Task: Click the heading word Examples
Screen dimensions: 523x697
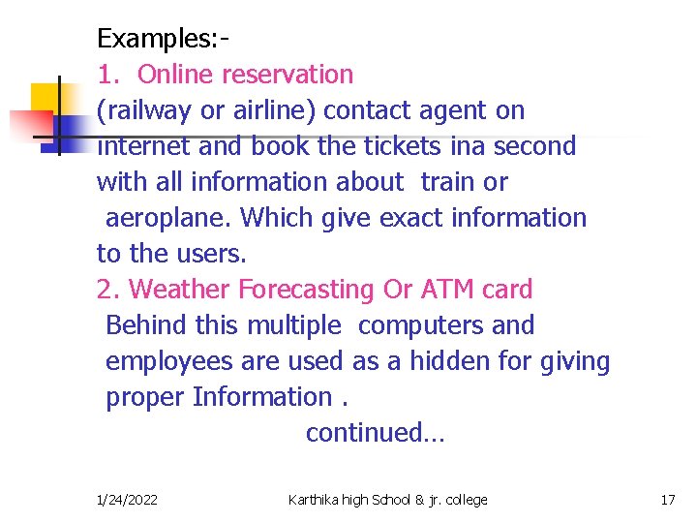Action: tap(158, 39)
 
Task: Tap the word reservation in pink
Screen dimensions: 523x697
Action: tap(288, 75)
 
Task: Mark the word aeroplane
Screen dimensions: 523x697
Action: tap(168, 218)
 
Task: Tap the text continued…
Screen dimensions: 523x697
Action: tap(375, 433)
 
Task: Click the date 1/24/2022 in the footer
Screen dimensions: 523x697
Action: tap(128, 500)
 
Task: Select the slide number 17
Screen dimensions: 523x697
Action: tap(667, 500)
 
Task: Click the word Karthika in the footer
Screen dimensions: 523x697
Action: tap(314, 500)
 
